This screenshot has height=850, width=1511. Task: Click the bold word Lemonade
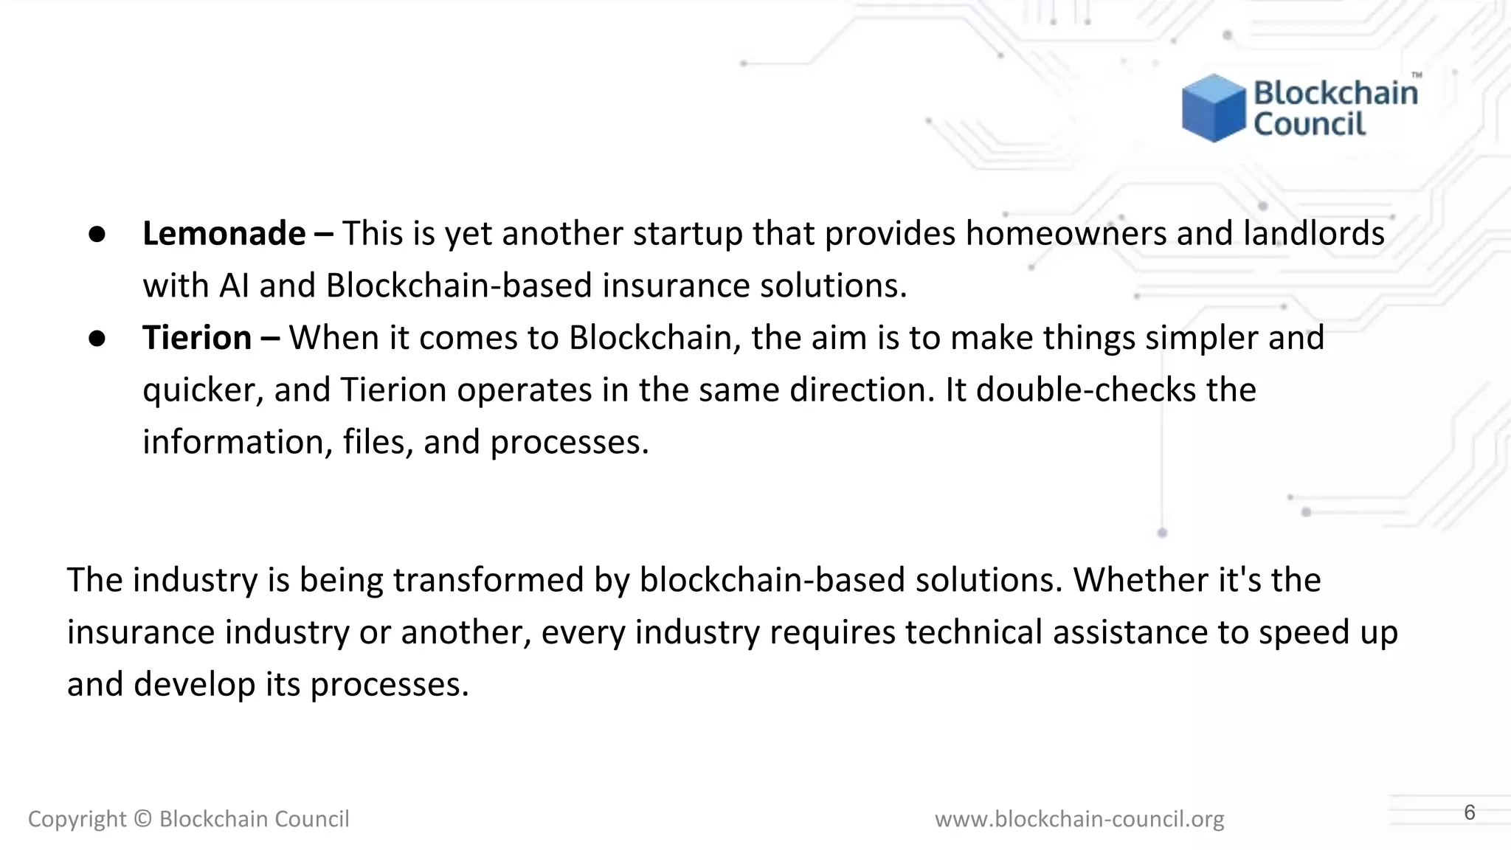click(x=224, y=234)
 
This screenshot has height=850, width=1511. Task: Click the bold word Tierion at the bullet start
click(x=197, y=338)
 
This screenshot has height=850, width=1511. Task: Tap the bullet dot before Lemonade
click(x=97, y=234)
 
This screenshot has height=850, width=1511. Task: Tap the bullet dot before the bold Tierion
click(x=97, y=338)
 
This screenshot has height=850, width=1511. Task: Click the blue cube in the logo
click(x=1214, y=108)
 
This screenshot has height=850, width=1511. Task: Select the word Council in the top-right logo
click(x=1310, y=124)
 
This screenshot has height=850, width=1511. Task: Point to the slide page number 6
click(x=1469, y=812)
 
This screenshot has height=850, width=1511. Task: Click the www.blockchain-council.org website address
click(x=1079, y=819)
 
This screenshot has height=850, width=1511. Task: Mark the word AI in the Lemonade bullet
click(x=234, y=286)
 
